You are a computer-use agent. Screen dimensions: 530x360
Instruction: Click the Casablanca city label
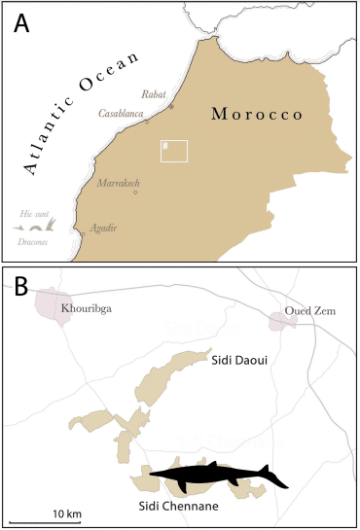pos(122,114)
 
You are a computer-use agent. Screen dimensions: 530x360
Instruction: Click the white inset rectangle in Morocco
pos(174,150)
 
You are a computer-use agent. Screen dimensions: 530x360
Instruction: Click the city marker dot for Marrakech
pos(135,192)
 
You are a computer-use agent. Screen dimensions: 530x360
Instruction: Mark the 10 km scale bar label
pos(66,512)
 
